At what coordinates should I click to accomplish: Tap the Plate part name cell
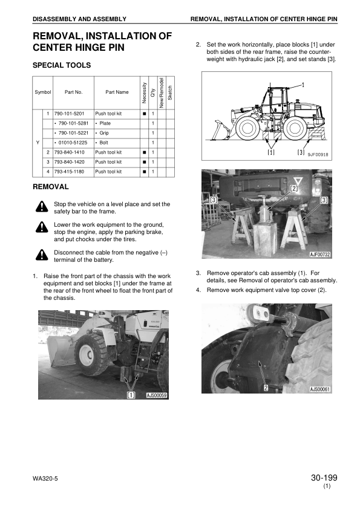pyautogui.click(x=103, y=123)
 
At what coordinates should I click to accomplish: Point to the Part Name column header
pyautogui.click(x=117, y=92)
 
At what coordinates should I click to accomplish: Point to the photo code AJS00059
pyautogui.click(x=157, y=395)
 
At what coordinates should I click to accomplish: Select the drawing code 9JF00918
pyautogui.click(x=318, y=155)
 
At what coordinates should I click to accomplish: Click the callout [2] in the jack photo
pyautogui.click(x=295, y=188)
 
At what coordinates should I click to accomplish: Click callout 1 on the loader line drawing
pyautogui.click(x=302, y=85)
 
